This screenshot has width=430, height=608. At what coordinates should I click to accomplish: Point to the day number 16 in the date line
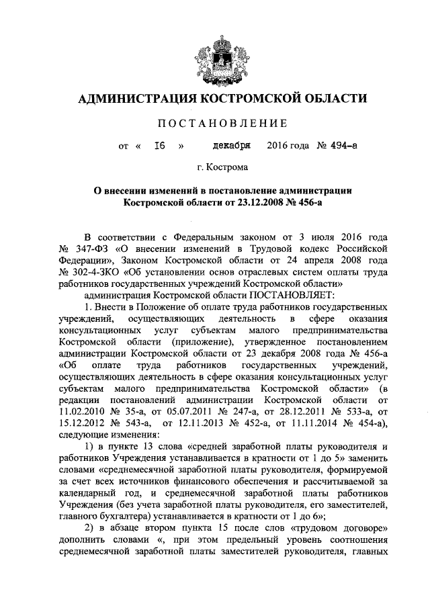click(x=159, y=145)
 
